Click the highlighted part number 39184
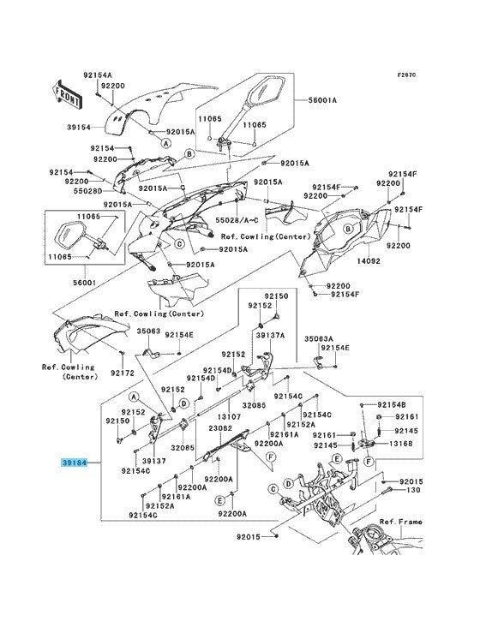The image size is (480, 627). [x=75, y=463]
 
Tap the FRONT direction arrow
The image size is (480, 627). [x=66, y=95]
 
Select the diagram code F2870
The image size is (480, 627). [x=407, y=75]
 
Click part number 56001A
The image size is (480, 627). [x=322, y=99]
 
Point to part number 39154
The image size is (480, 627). [x=79, y=127]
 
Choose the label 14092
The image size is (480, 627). [x=369, y=261]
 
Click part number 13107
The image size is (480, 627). [x=229, y=416]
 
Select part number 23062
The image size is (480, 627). [x=220, y=428]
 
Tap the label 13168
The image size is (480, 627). [x=400, y=444]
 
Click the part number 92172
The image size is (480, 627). [x=123, y=373]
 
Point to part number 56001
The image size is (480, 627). [x=84, y=283]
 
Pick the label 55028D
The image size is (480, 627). [x=88, y=191]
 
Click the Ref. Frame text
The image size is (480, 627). [x=401, y=522]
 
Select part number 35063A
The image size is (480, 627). [x=319, y=338]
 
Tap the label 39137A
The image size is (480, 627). [x=270, y=335]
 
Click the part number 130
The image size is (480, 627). [x=413, y=490]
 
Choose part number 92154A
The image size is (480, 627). [x=98, y=75]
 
